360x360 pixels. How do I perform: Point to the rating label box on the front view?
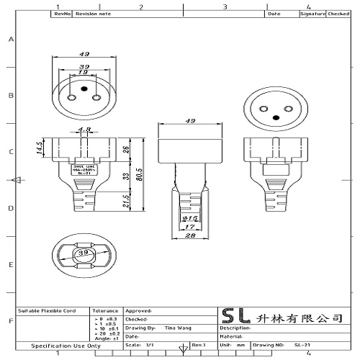point(86,170)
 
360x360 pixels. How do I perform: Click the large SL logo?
point(237,317)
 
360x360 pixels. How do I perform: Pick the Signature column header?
point(312,13)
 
